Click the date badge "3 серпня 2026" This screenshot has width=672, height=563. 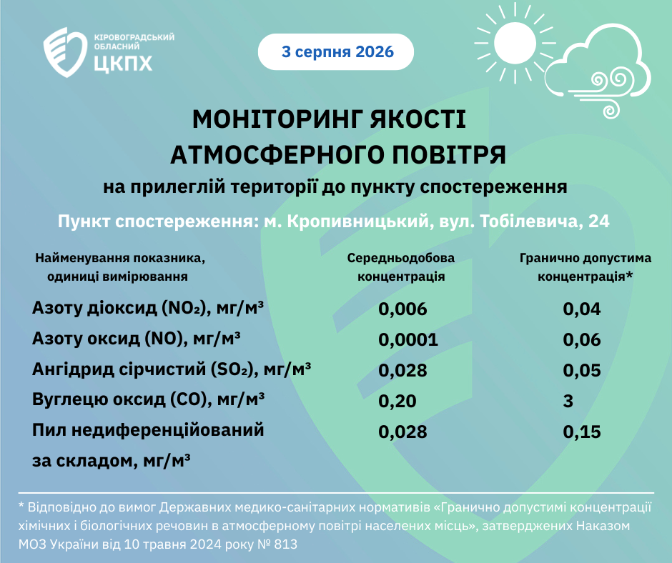336,52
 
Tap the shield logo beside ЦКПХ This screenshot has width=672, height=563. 65,52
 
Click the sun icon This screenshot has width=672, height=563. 515,44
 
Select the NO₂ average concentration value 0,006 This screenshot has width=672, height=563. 402,309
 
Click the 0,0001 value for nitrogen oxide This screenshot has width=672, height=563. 408,340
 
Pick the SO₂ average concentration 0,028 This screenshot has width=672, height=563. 402,370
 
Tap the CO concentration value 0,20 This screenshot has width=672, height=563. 397,401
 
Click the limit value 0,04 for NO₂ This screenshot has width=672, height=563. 582,309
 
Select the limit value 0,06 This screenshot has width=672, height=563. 582,340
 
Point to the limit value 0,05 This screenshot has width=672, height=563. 582,370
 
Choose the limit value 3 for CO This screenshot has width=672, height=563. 568,401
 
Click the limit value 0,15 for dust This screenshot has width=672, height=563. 582,432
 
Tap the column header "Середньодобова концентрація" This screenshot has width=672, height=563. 401,267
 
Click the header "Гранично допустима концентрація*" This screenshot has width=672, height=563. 585,267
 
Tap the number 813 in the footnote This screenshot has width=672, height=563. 285,544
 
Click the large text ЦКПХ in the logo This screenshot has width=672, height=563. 123,63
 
